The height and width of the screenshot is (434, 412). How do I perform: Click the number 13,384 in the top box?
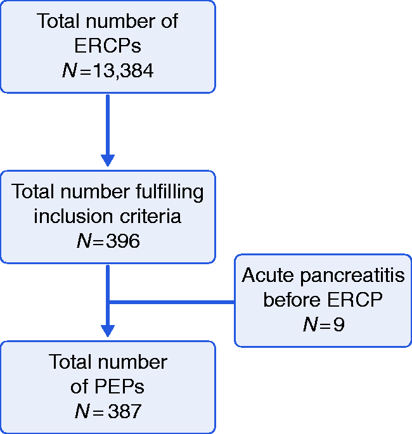tap(123, 70)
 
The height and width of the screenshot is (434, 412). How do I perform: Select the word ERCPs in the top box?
tap(108, 46)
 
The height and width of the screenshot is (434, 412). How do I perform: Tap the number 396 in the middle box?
tap(123, 241)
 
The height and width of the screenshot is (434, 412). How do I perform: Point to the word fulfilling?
tap(170, 191)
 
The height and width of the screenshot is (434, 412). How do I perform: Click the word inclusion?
tap(73, 216)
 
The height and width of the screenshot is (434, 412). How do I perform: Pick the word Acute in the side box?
tap(267, 275)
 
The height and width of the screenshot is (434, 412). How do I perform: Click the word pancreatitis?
tap(352, 276)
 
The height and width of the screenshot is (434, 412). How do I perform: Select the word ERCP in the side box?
tap(355, 300)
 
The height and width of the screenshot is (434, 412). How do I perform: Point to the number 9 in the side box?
tap(339, 324)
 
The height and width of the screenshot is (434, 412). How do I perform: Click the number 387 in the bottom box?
tap(125, 411)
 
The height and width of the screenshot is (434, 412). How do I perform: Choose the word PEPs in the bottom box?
tap(119, 386)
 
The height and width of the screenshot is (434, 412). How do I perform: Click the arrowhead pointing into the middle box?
tap(108, 160)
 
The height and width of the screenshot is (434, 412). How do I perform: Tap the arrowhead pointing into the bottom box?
tap(108, 331)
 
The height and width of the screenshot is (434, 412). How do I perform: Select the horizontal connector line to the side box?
tap(172, 302)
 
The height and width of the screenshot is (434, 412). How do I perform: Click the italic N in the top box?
tap(70, 70)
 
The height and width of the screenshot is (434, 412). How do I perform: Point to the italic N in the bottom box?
tap(82, 411)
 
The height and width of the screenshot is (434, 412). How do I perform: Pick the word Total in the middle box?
tap(33, 191)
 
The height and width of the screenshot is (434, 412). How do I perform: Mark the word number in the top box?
tap(120, 21)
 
